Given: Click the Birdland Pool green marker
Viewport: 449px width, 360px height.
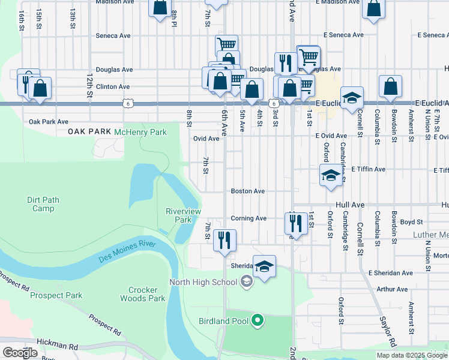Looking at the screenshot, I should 258,321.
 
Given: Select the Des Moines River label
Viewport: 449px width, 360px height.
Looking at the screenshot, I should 127,251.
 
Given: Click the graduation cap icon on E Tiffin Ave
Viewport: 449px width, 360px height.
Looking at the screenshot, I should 330,175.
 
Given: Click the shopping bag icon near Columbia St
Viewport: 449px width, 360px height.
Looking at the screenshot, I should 390,86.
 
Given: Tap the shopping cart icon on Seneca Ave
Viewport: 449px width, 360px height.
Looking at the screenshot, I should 226,45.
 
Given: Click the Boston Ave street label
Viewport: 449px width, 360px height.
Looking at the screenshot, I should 248,191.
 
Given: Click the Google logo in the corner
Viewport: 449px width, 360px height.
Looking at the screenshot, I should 20,353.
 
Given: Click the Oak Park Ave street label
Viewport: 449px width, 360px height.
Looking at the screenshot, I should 49,121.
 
